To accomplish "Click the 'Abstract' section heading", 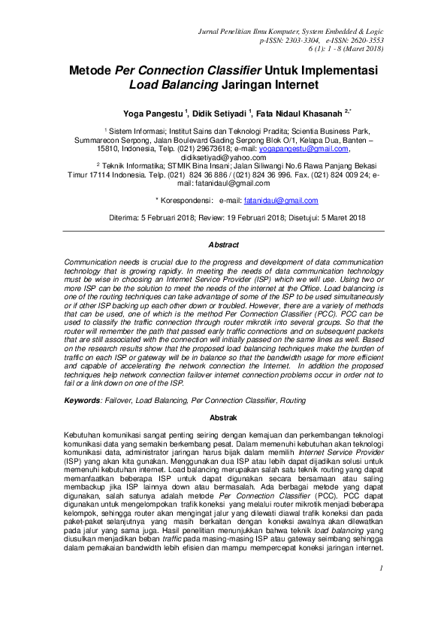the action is (223, 244).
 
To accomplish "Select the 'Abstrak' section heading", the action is (223, 417).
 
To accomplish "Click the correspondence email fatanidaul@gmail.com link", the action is (281, 200).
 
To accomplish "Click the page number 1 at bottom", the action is (382, 589).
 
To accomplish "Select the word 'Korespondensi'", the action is (184, 200).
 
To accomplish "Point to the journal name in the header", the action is (290, 30).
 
